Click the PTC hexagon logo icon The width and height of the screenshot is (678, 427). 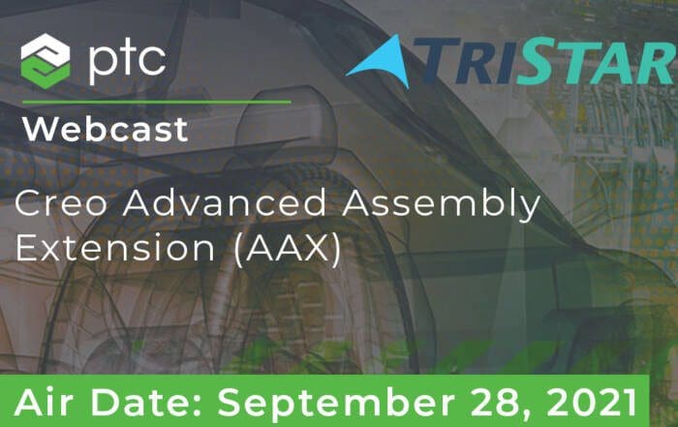[x=46, y=61]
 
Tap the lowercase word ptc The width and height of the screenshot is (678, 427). [x=127, y=60]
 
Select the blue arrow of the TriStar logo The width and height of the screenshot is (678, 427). [x=380, y=62]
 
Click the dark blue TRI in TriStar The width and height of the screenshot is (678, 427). [x=466, y=60]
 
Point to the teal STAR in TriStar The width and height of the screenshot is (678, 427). [x=598, y=60]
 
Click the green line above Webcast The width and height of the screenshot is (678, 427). [x=156, y=103]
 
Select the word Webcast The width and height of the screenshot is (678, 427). [x=105, y=129]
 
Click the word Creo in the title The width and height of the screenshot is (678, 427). [x=61, y=202]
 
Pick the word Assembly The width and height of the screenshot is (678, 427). [x=441, y=205]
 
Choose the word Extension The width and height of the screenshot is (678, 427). [x=115, y=248]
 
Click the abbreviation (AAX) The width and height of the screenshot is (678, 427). [x=288, y=250]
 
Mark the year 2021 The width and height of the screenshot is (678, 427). [x=589, y=403]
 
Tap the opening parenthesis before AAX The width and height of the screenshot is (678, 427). [x=238, y=250]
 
